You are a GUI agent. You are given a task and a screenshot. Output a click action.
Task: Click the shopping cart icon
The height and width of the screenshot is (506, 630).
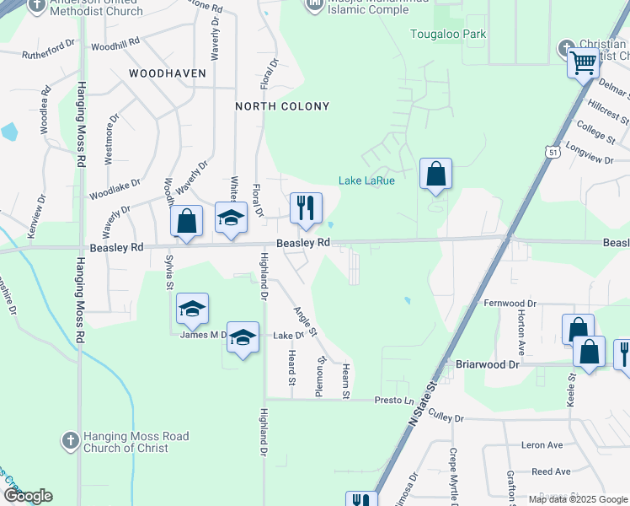(x=584, y=62)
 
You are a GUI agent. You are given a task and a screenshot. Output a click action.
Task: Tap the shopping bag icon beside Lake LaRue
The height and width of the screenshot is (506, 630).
(x=435, y=175)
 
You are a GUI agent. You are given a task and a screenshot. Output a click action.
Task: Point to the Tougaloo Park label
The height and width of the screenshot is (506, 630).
(x=447, y=35)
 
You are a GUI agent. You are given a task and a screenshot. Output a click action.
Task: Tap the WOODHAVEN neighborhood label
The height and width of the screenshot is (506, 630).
(x=168, y=73)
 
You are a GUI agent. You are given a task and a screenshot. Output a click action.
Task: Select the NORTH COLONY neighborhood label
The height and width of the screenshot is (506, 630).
(x=281, y=106)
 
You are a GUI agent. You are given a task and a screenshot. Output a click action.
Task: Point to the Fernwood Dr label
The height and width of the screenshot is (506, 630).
(x=510, y=303)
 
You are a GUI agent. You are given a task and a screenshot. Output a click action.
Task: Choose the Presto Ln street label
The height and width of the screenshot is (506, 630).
(x=395, y=400)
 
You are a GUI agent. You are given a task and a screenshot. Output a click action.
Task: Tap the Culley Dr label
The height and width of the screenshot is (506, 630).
(x=446, y=417)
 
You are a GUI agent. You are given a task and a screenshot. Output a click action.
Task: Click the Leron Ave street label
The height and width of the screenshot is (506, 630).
(x=542, y=444)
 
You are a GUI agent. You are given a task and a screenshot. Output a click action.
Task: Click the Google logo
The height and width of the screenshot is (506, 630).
(x=27, y=496)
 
